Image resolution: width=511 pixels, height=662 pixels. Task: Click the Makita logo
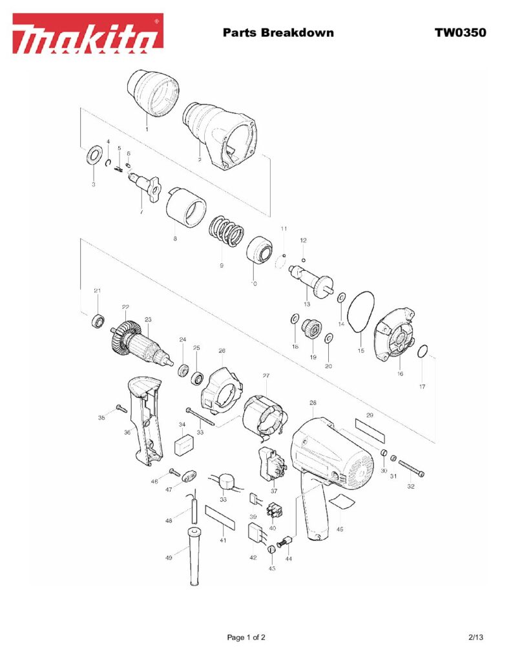[89, 34]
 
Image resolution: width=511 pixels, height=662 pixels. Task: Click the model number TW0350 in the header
[460, 32]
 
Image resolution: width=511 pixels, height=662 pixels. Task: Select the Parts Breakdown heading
[278, 32]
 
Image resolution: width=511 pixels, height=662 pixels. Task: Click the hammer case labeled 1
[152, 94]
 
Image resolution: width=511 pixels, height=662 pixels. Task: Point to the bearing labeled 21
[98, 319]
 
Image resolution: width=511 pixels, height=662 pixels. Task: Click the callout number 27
[266, 376]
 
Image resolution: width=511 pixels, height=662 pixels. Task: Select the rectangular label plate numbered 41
[219, 518]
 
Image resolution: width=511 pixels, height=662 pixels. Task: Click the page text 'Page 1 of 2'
[246, 637]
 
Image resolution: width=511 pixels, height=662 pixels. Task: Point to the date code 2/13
[475, 637]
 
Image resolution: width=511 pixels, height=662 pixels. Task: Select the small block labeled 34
[185, 445]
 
